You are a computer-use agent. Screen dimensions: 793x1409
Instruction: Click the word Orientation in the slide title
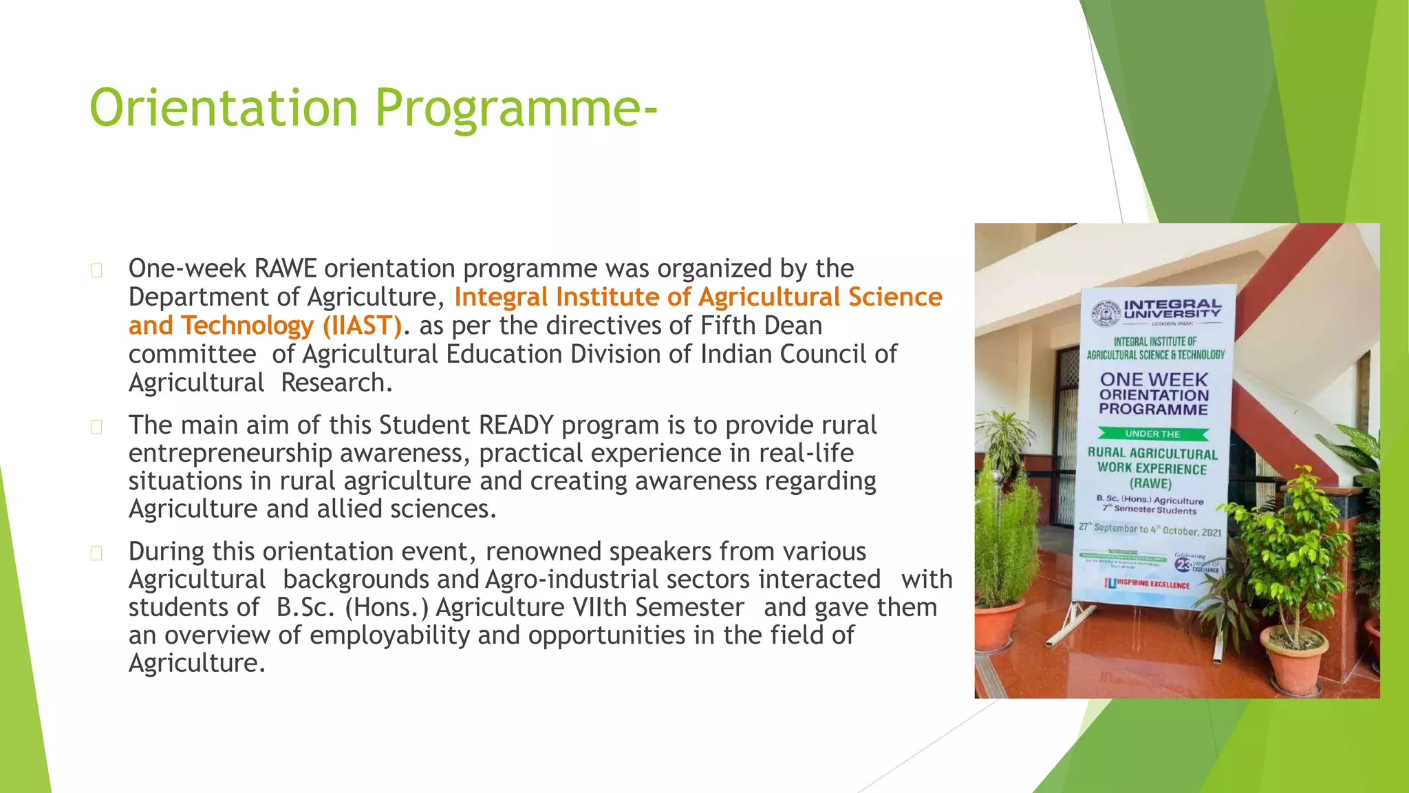coord(224,108)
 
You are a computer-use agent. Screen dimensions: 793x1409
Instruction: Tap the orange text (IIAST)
coord(362,325)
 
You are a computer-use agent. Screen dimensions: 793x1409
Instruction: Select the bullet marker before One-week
coord(96,271)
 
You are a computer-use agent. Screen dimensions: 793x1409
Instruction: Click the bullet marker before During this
coord(96,553)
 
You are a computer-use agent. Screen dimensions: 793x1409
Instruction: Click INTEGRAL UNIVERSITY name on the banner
coord(1172,308)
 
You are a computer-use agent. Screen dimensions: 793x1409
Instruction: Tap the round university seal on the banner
coord(1106,314)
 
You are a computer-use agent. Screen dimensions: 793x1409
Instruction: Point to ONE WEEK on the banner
coord(1154,379)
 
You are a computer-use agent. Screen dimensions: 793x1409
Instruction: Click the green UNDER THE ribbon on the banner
coord(1153,434)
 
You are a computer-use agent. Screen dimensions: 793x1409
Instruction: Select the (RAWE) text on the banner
coord(1150,483)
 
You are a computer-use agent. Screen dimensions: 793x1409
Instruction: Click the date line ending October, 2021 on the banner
coord(1149,529)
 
